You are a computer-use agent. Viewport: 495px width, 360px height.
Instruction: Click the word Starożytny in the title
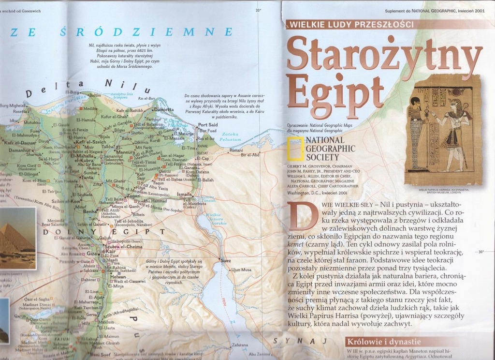pyautogui.click(x=384, y=54)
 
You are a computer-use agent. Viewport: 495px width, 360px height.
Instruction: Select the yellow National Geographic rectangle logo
pyautogui.click(x=294, y=149)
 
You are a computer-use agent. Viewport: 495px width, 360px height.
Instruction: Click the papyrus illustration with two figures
pyautogui.click(x=442, y=130)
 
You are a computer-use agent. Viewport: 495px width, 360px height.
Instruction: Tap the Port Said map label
pyautogui.click(x=208, y=125)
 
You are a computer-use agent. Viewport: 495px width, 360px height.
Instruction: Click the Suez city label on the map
pyautogui.click(x=226, y=261)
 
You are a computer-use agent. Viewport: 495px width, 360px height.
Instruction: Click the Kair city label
pyautogui.click(x=112, y=252)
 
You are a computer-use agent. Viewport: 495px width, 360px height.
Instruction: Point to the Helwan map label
pyautogui.click(x=118, y=276)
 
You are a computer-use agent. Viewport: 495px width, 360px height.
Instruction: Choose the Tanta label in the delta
pyautogui.click(x=87, y=178)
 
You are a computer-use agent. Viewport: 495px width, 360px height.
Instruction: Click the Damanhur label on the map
pyautogui.click(x=16, y=150)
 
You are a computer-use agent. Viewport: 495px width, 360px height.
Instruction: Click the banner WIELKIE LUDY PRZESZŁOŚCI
pyautogui.click(x=350, y=24)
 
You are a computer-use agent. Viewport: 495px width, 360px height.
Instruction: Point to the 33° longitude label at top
pyautogui.click(x=258, y=10)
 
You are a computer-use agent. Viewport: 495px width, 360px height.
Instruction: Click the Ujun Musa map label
pyautogui.click(x=241, y=270)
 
